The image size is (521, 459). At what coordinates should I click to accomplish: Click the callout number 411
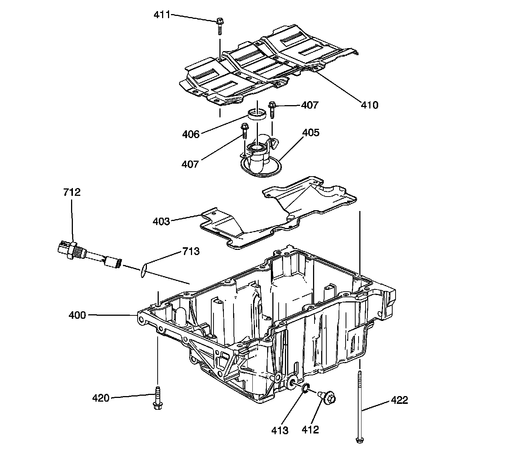pyautogui.click(x=162, y=15)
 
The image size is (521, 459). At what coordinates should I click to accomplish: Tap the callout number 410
pyautogui.click(x=370, y=105)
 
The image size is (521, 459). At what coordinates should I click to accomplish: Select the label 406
pyautogui.click(x=191, y=134)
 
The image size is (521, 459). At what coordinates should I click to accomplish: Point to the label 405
pyautogui.click(x=310, y=133)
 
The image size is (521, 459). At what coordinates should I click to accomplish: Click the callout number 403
pyautogui.click(x=161, y=221)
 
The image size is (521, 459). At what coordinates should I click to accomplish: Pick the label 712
pyautogui.click(x=72, y=192)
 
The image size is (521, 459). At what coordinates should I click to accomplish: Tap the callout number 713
pyautogui.click(x=191, y=252)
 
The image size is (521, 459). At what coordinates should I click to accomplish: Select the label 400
pyautogui.click(x=77, y=315)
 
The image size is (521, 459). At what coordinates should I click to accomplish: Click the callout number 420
pyautogui.click(x=101, y=398)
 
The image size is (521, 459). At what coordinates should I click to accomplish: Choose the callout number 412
pyautogui.click(x=310, y=429)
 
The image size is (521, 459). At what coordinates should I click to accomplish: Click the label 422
pyautogui.click(x=399, y=400)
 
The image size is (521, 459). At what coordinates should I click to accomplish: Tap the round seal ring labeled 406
pyautogui.click(x=256, y=114)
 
